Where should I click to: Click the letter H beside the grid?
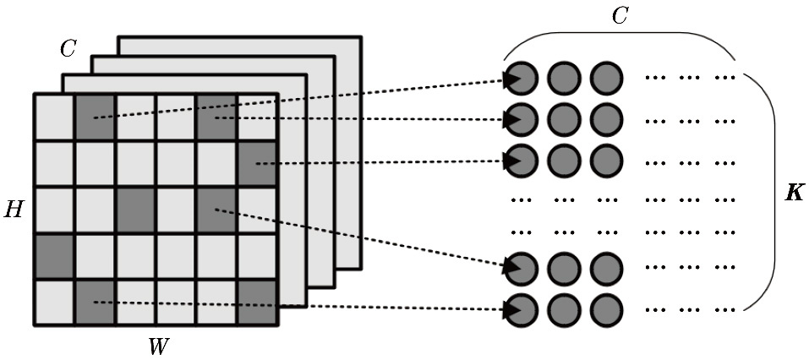tap(14, 209)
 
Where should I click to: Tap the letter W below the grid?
tap(157, 345)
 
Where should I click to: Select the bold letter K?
tap(794, 194)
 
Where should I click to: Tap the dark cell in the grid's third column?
tap(135, 207)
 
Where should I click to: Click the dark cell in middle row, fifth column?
tap(216, 207)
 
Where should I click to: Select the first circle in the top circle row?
tap(523, 79)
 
